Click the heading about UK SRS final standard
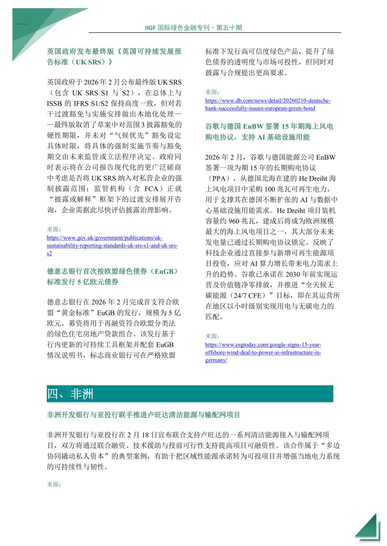tap(114, 57)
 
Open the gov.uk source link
tap(112, 245)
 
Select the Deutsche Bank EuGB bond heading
tap(112, 277)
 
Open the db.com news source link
tap(268, 105)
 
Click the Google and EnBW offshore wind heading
tap(269, 132)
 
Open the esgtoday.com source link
tap(263, 352)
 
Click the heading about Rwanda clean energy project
tap(144, 415)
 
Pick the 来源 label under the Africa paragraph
tap(54, 484)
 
